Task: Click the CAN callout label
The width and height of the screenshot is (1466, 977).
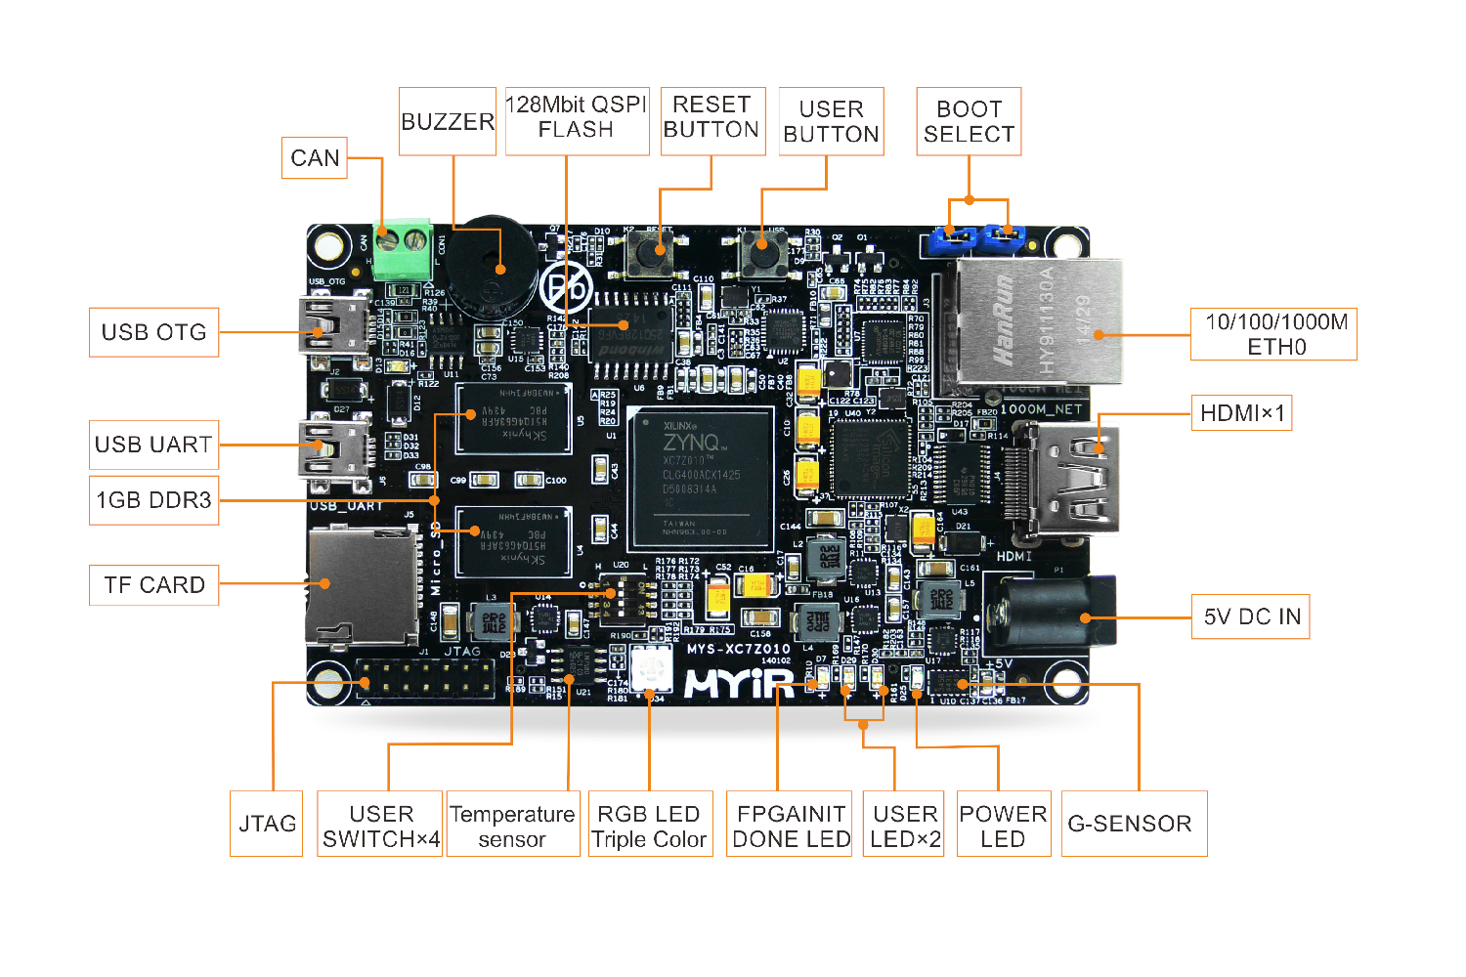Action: (x=315, y=158)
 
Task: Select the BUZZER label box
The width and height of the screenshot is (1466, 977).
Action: (x=448, y=122)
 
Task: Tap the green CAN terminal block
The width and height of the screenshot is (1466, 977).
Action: (x=402, y=249)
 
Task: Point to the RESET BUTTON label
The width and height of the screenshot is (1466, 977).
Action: (x=711, y=117)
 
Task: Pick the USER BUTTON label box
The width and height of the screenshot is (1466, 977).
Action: (x=832, y=122)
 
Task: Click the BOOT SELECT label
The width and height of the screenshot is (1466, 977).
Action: (x=969, y=122)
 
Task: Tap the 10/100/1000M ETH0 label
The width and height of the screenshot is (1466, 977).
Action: (x=1274, y=334)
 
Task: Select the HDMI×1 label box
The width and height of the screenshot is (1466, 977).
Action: (x=1242, y=413)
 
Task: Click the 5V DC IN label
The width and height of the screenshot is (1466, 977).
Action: (x=1251, y=616)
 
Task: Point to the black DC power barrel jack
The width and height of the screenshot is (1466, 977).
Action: (x=1050, y=614)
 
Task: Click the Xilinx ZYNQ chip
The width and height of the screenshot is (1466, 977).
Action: (x=703, y=476)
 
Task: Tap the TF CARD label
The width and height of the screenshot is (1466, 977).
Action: (x=154, y=585)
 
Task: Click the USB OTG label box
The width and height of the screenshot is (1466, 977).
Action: (x=154, y=332)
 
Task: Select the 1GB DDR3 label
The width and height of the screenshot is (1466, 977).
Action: (x=154, y=500)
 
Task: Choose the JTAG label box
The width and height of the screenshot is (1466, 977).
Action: (x=267, y=824)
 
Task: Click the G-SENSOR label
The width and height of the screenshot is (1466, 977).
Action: (x=1134, y=824)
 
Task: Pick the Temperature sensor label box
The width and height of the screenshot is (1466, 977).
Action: (x=512, y=826)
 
